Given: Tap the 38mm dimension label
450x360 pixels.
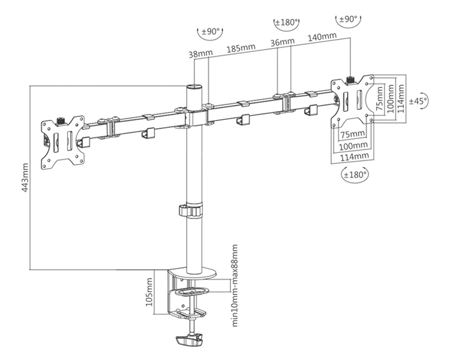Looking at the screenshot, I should tap(200, 53).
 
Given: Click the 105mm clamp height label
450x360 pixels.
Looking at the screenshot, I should tap(149, 292).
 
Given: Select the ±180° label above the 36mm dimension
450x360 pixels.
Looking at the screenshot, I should tap(286, 22).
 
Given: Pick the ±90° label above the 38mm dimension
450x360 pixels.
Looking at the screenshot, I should tap(209, 30).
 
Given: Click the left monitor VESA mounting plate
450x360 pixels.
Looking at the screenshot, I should tap(62, 142).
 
